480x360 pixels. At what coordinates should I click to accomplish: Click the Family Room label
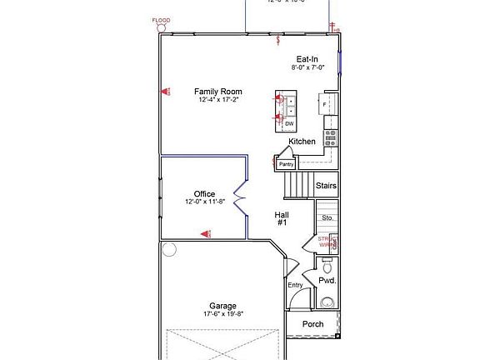click(x=218, y=91)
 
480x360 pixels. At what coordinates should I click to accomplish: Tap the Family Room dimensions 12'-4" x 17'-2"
click(x=218, y=100)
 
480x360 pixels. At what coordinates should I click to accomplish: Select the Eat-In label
click(x=307, y=59)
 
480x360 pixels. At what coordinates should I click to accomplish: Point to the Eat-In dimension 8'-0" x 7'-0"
click(x=307, y=68)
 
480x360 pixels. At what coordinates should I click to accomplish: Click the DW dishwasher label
click(x=289, y=123)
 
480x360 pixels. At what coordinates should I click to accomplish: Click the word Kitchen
click(x=302, y=142)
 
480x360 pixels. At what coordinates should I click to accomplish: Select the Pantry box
click(x=286, y=164)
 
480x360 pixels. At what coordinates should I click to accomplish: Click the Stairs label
click(x=327, y=186)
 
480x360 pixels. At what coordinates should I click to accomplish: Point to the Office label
click(x=204, y=194)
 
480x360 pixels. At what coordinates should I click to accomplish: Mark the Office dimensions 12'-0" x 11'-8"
click(x=204, y=202)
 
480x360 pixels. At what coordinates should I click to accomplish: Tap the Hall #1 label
click(x=282, y=218)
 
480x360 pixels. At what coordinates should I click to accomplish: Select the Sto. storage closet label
click(x=327, y=217)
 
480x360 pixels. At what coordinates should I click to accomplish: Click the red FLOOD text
click(x=161, y=19)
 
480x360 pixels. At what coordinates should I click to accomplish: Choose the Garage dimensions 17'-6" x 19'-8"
click(x=222, y=314)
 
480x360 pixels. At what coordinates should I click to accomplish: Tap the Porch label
click(x=312, y=325)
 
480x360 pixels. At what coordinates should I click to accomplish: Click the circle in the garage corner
click(x=169, y=248)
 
